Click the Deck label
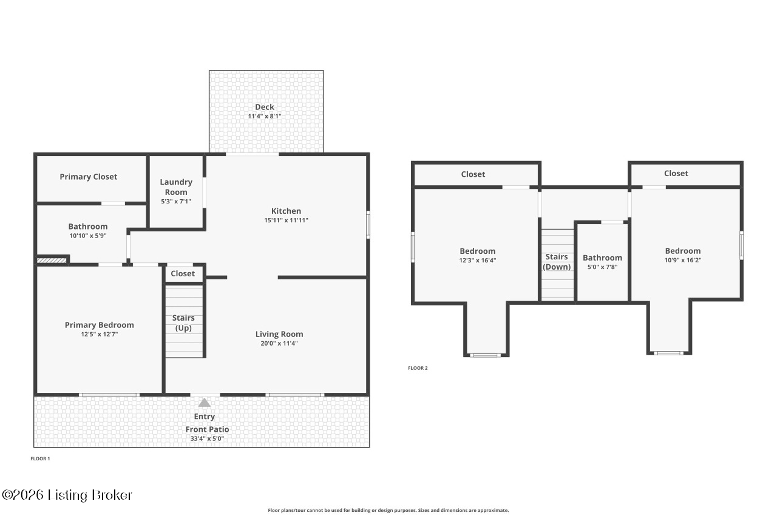pyautogui.click(x=264, y=107)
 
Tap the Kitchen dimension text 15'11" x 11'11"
pyautogui.click(x=286, y=220)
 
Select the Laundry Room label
pyautogui.click(x=176, y=187)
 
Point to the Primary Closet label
pyautogui.click(x=89, y=177)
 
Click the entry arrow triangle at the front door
pyautogui.click(x=205, y=403)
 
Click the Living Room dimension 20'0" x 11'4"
pyautogui.click(x=279, y=343)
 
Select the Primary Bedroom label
pyautogui.click(x=99, y=325)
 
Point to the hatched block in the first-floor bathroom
pyautogui.click(x=52, y=261)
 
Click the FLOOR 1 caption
pyautogui.click(x=40, y=458)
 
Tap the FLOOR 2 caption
pyautogui.click(x=418, y=368)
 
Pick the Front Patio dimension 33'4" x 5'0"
pyautogui.click(x=208, y=438)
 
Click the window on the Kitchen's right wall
pyautogui.click(x=368, y=224)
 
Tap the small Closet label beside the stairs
pyautogui.click(x=183, y=274)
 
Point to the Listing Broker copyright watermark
pyautogui.click(x=67, y=495)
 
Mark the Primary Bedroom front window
pyautogui.click(x=109, y=395)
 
